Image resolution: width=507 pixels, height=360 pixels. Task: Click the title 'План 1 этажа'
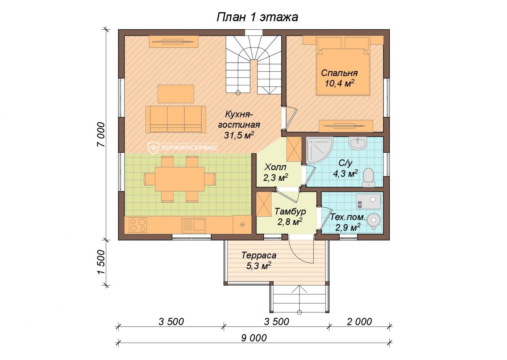pos(257,17)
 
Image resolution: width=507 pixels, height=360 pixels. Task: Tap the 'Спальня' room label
pos(339,73)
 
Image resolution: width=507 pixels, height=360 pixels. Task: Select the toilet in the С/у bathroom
pos(368,177)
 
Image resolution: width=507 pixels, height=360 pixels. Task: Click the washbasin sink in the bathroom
pos(357,143)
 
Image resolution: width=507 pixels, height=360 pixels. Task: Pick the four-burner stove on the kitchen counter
pos(138,225)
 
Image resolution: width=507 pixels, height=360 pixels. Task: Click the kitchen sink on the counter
pos(193,225)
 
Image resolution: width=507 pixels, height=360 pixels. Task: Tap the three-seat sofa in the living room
pos(176,119)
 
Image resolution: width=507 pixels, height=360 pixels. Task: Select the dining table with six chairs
pos(180,179)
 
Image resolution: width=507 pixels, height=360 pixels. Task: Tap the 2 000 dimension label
pos(359,322)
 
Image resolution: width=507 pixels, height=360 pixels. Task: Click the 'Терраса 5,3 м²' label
pos(259,261)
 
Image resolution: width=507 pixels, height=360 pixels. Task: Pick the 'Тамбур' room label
pos(290,211)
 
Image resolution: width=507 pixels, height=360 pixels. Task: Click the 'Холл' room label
pos(275,167)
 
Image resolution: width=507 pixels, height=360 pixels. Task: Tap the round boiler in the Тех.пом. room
pos(373,220)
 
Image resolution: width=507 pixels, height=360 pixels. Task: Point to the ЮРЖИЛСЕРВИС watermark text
pos(189,148)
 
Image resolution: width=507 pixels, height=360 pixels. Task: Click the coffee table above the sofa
pos(176,94)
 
